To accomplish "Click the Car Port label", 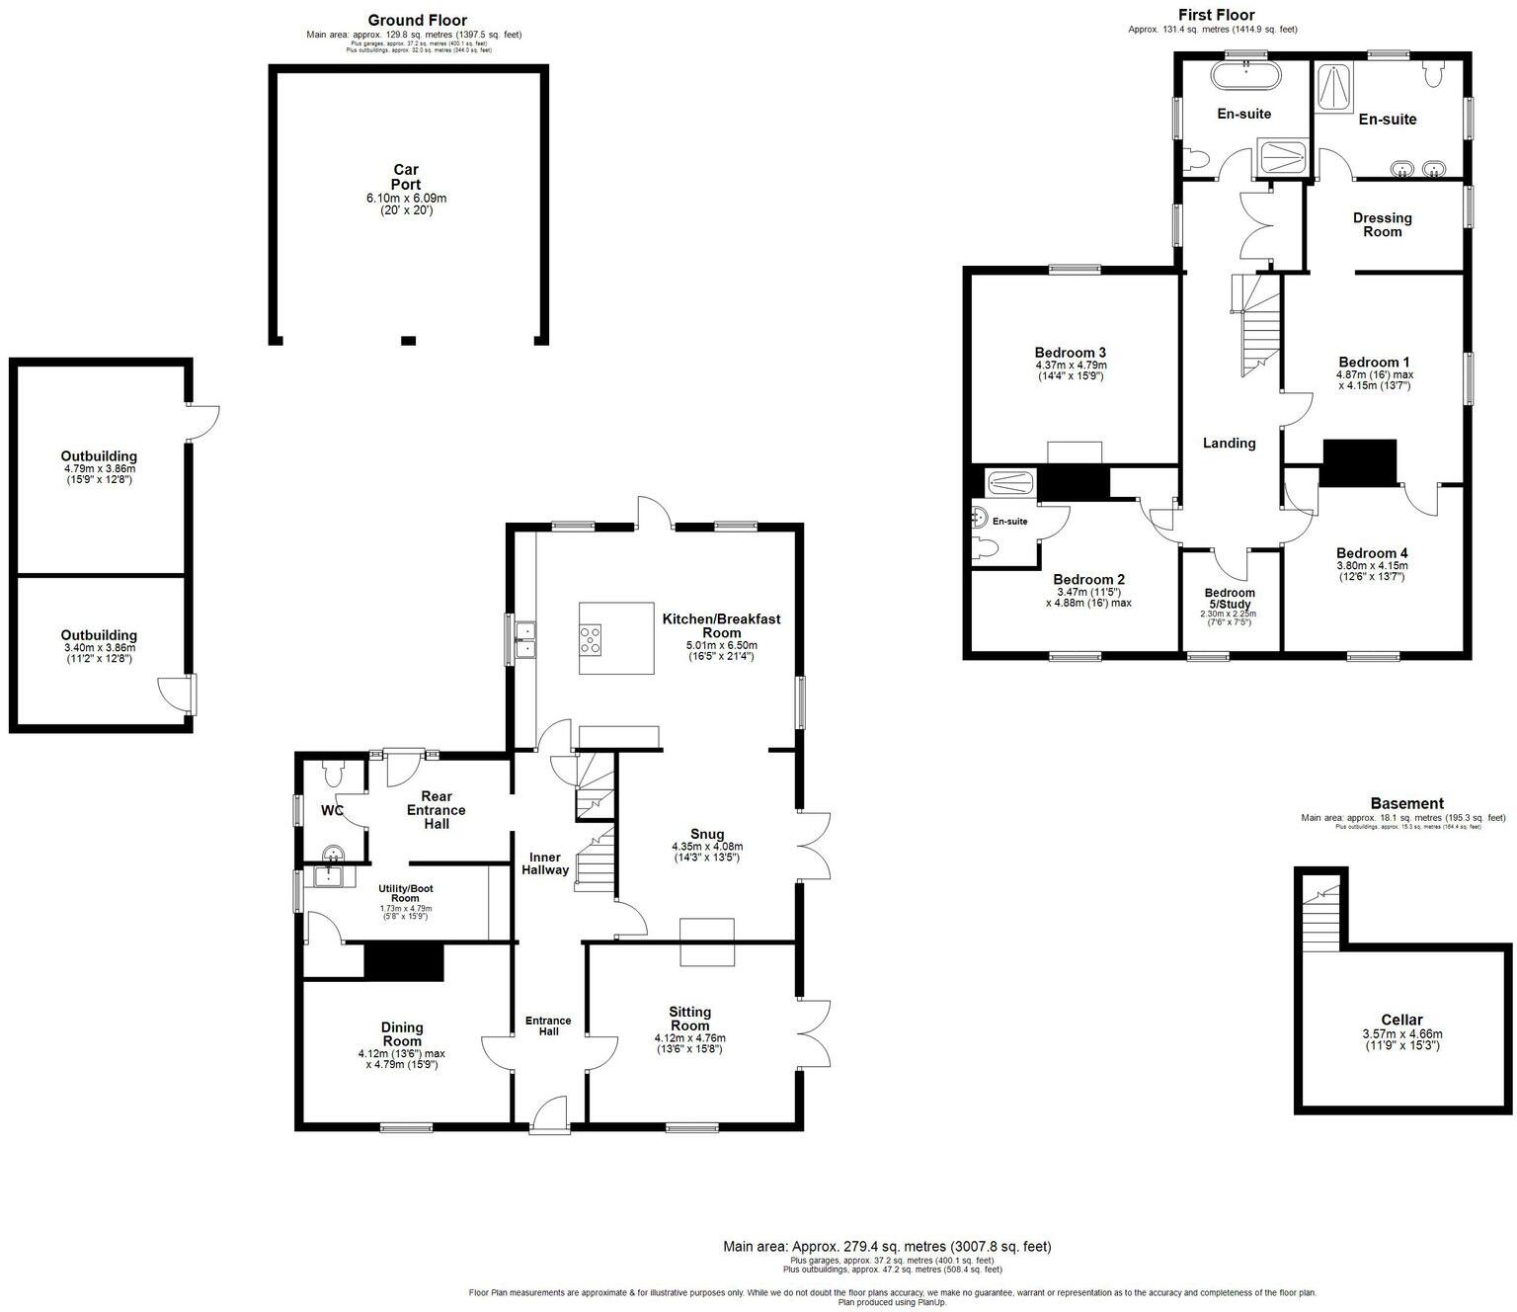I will (406, 177).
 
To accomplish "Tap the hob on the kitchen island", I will (591, 640).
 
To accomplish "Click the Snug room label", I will (707, 834).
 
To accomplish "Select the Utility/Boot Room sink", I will (326, 875).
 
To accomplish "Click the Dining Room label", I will (402, 1034).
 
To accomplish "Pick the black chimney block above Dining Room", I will (404, 962).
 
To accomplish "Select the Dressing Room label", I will (1382, 224).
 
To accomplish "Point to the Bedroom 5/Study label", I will (1230, 599).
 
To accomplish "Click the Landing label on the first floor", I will (1229, 443).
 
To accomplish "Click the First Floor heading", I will (1216, 15).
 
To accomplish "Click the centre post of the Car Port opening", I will (409, 341).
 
